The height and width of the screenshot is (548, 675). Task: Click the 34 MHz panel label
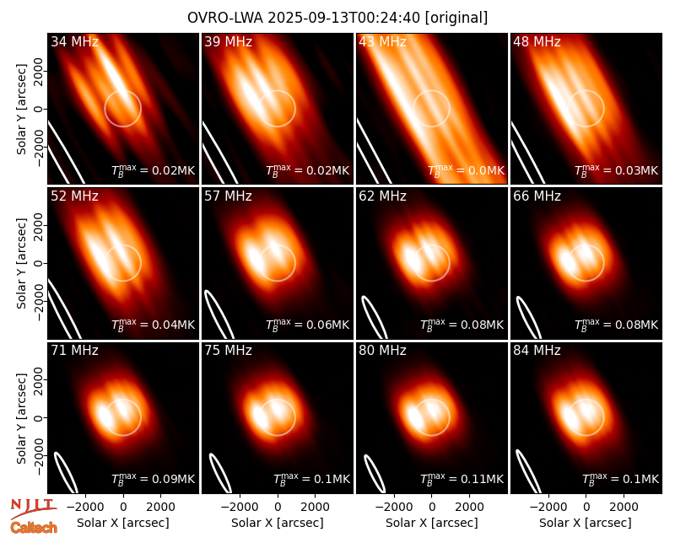(74, 41)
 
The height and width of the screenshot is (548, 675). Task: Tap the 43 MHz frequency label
(383, 41)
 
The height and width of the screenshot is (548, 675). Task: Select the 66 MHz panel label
(537, 196)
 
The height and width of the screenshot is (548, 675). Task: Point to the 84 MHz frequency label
(537, 351)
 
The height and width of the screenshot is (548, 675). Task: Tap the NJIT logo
(33, 508)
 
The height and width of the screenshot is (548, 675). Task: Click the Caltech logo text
(34, 528)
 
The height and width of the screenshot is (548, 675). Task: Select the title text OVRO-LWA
(225, 18)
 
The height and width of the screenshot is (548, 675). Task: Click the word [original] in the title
(456, 18)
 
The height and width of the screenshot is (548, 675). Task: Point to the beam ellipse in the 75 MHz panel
(220, 473)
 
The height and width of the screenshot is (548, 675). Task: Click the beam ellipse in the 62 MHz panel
(374, 317)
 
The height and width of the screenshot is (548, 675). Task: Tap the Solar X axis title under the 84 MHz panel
(586, 523)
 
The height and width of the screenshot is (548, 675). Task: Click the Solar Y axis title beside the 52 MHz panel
(21, 263)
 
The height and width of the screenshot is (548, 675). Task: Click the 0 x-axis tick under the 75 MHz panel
(278, 508)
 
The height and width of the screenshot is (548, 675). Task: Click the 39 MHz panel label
(228, 41)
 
